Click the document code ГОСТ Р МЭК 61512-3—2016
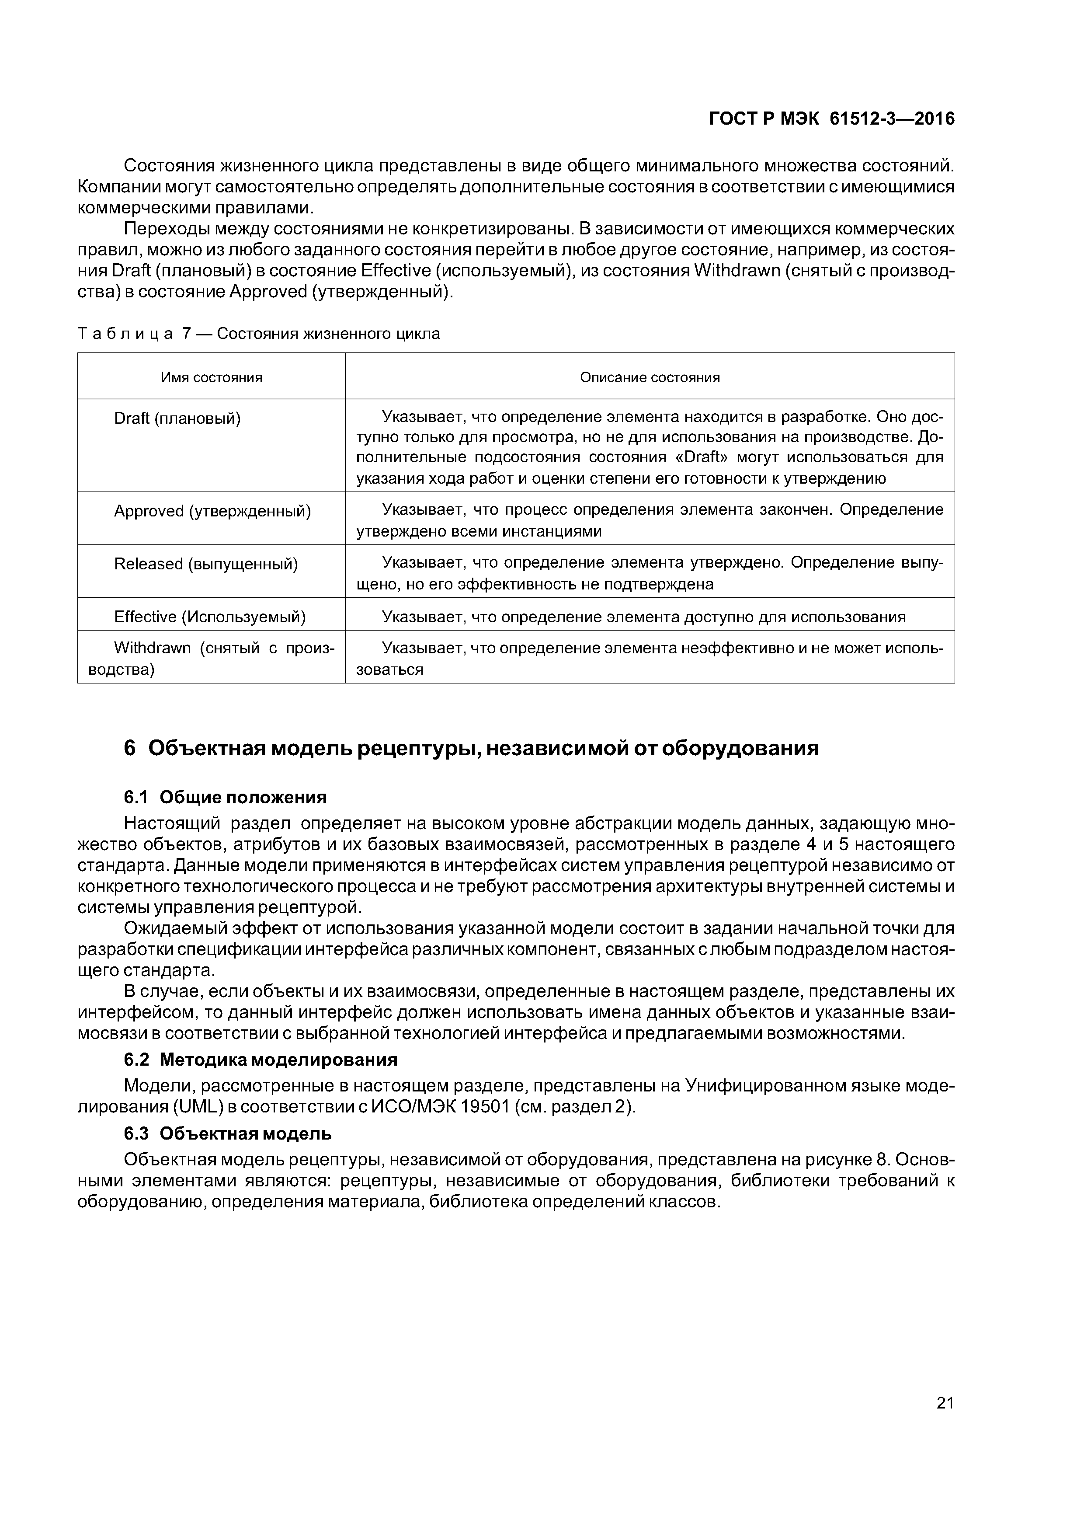coord(831,119)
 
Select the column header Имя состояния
coord(212,377)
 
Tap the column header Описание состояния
coord(649,377)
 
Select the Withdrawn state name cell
coord(211,659)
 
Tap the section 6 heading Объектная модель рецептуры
coord(471,748)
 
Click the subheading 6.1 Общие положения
coord(225,797)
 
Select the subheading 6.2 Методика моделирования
coord(261,1060)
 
